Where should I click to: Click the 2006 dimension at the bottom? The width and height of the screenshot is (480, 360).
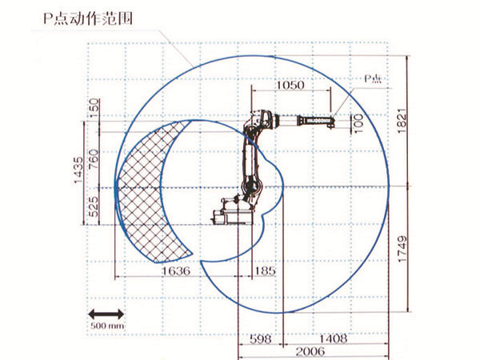pos(311,350)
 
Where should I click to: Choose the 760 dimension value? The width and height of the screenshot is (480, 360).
pos(94,159)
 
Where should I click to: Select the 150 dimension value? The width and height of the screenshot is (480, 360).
pos(94,106)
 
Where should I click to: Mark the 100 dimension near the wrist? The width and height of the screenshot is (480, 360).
pos(358,122)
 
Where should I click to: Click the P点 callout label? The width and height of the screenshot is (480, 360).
pos(374,78)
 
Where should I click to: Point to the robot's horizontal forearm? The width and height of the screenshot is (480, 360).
pos(304,122)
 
